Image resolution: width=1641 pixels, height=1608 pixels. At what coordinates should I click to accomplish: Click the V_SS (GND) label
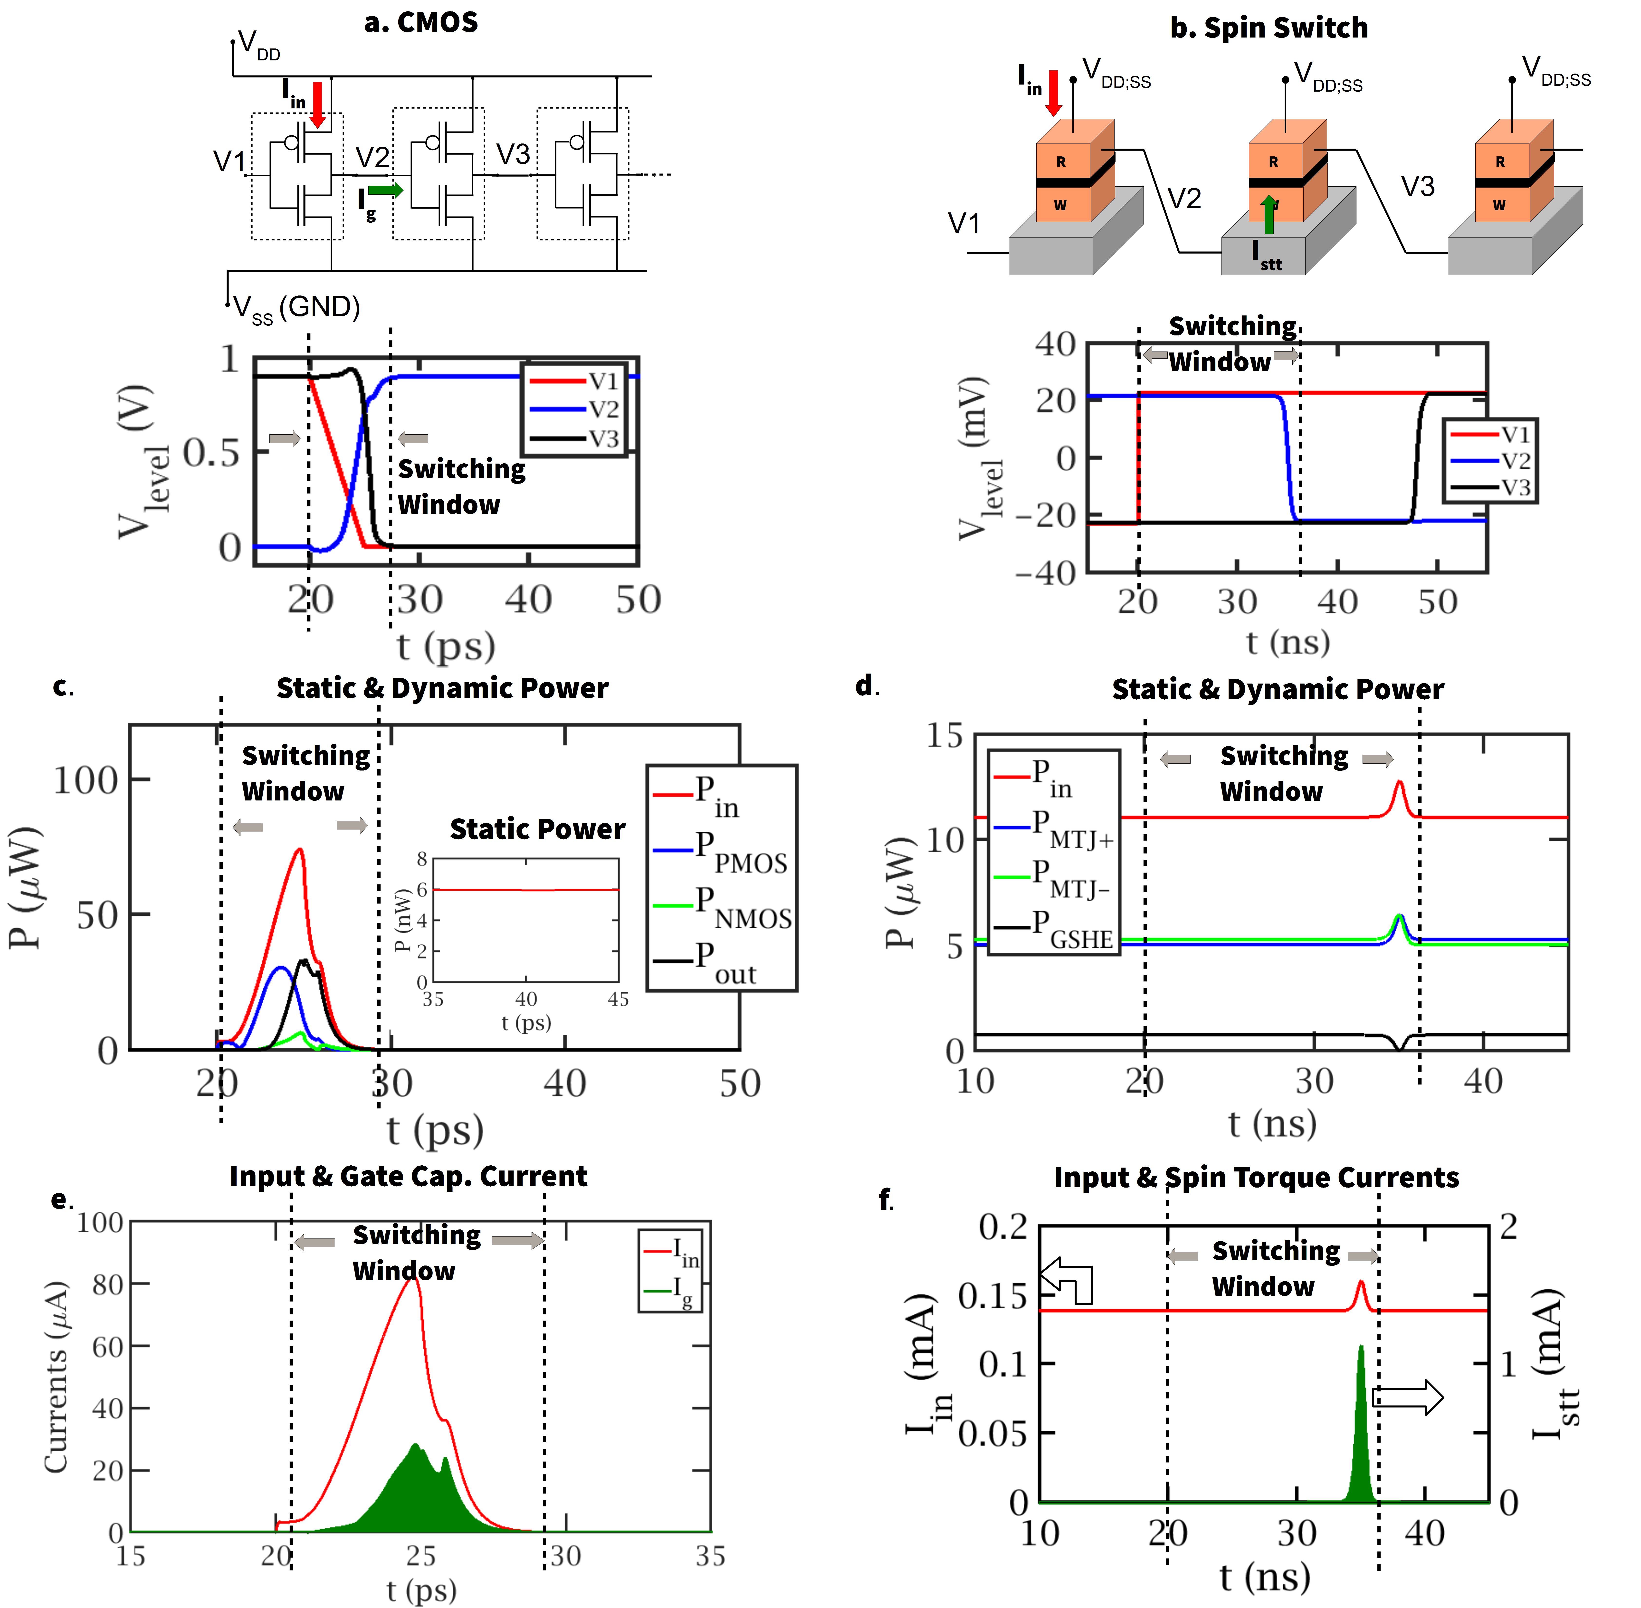click(296, 307)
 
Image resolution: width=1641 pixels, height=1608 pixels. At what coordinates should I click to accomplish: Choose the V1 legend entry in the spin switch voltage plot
click(1491, 434)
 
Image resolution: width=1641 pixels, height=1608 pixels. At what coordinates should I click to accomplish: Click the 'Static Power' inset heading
click(537, 829)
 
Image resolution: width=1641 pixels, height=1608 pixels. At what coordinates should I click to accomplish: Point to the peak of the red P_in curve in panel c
click(299, 850)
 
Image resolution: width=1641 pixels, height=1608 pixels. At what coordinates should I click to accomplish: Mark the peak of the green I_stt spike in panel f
click(1361, 1348)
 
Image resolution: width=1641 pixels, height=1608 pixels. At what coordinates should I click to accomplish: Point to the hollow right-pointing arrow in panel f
click(1409, 1398)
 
